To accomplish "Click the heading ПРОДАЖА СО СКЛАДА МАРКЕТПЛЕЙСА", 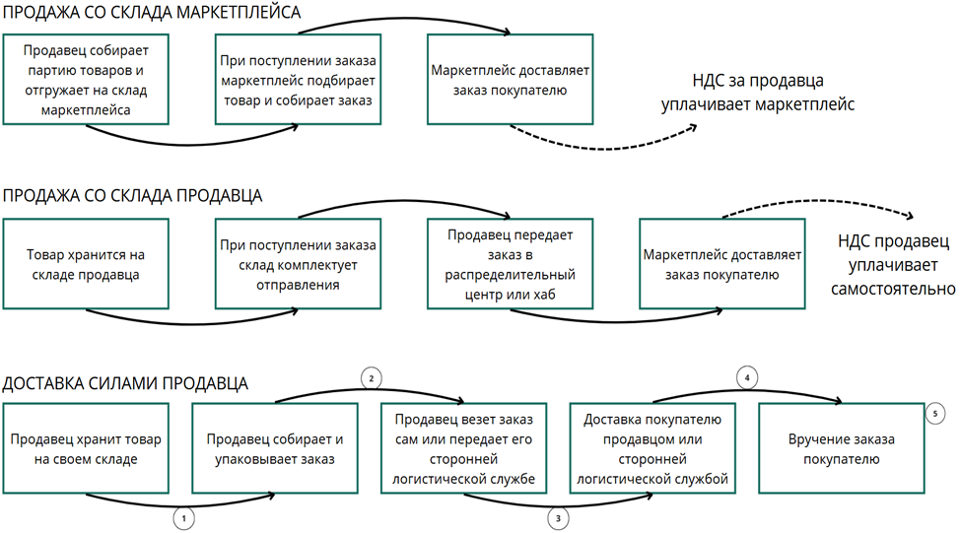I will pos(153,14).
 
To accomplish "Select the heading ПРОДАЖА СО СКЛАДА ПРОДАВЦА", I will pos(133,195).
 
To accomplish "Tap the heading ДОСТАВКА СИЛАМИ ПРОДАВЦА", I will pos(125,383).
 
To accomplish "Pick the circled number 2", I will pos(372,378).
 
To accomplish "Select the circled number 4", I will pos(748,377).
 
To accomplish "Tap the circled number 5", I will pos(936,415).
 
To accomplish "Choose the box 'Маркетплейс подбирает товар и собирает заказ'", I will pos(298,79).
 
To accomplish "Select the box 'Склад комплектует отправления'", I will pos(298,265).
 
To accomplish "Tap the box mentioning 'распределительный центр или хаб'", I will pos(511,265).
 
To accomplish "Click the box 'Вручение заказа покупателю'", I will pos(841,449).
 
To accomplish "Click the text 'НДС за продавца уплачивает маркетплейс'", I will pos(757,92).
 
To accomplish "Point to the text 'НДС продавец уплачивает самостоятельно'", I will pos(893,264).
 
